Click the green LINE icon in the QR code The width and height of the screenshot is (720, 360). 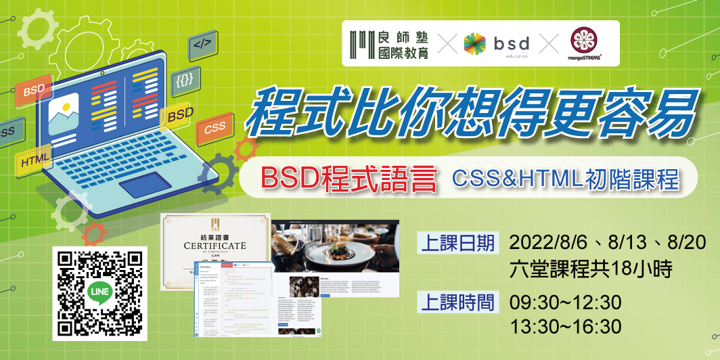click(x=99, y=293)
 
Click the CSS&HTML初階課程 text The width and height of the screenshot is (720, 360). click(x=566, y=179)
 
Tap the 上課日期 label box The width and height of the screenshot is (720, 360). click(x=458, y=243)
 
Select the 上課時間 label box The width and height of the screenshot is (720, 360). click(x=458, y=302)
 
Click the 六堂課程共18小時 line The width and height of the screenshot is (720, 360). click(x=590, y=271)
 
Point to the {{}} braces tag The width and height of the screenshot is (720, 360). click(x=184, y=80)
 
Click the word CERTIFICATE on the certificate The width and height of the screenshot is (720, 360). click(x=215, y=246)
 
